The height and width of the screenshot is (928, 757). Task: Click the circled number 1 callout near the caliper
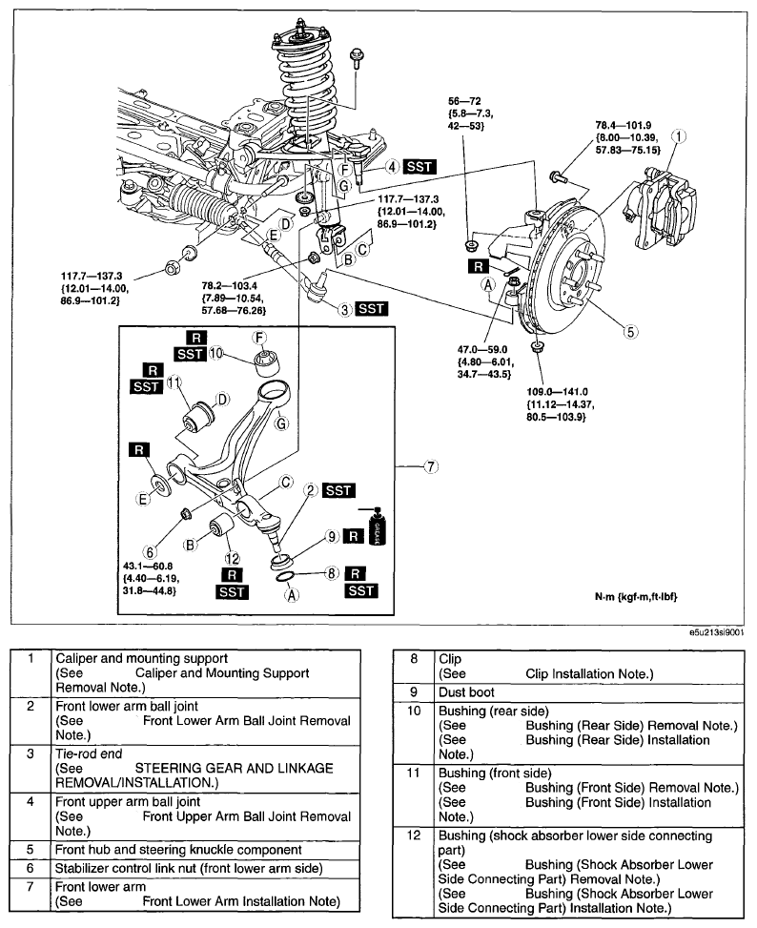pyautogui.click(x=680, y=136)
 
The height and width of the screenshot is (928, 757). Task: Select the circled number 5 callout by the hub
pyautogui.click(x=630, y=332)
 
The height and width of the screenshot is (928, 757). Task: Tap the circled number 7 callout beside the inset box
pyautogui.click(x=431, y=466)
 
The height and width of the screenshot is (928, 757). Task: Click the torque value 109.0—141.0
pyautogui.click(x=557, y=392)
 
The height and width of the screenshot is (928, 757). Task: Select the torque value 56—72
pyautogui.click(x=464, y=101)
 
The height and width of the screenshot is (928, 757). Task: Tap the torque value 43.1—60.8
pyautogui.click(x=147, y=567)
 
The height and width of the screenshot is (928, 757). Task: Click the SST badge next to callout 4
pyautogui.click(x=419, y=167)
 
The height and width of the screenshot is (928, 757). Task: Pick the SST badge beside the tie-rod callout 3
pyautogui.click(x=371, y=308)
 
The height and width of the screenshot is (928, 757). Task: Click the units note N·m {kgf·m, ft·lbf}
pyautogui.click(x=636, y=597)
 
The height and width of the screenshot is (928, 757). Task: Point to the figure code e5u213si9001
pyautogui.click(x=716, y=632)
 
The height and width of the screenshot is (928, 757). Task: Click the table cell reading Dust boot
pyautogui.click(x=466, y=691)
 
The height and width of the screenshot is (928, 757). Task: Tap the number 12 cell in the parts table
pyautogui.click(x=414, y=835)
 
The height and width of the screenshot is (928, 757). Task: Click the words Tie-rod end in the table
pyautogui.click(x=89, y=754)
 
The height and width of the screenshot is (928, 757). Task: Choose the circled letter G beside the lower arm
pyautogui.click(x=282, y=423)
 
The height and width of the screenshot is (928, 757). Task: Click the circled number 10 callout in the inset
pyautogui.click(x=215, y=353)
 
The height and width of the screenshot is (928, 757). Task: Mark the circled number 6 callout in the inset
pyautogui.click(x=151, y=552)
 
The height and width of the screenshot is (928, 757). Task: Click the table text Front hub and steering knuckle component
pyautogui.click(x=178, y=849)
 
